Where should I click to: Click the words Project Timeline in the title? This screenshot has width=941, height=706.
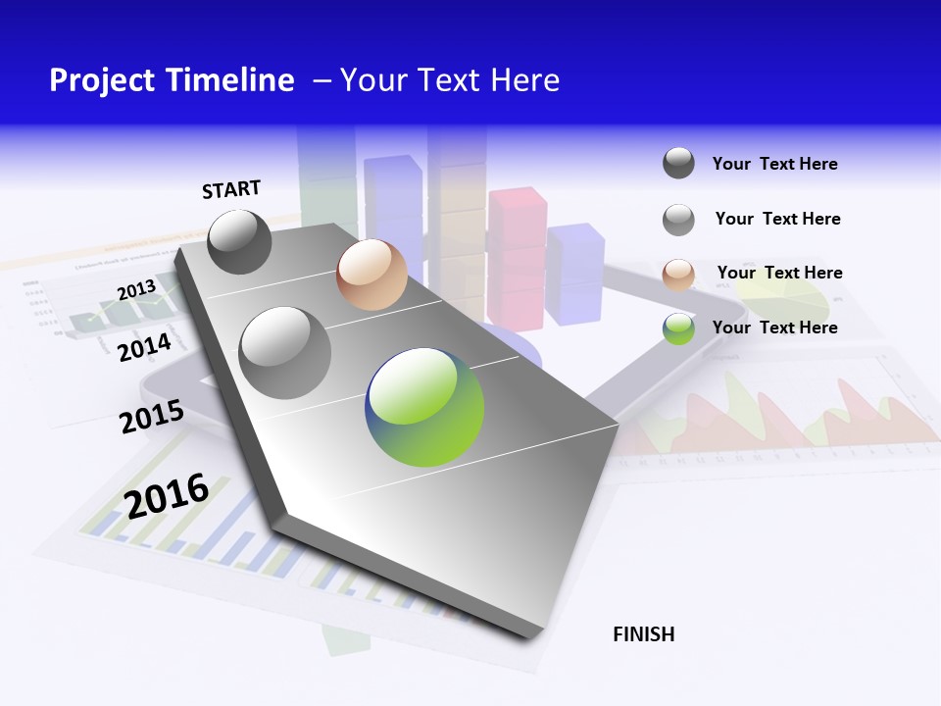(x=172, y=80)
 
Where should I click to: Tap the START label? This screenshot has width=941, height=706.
(x=231, y=189)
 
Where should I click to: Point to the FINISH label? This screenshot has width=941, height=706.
(x=644, y=634)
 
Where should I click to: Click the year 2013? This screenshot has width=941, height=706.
(x=136, y=290)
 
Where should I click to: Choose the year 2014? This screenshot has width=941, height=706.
(x=144, y=347)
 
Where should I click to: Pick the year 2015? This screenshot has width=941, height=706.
(x=151, y=417)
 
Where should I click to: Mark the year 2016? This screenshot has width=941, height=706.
(x=167, y=495)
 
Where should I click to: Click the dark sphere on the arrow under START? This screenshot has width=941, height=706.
(x=239, y=241)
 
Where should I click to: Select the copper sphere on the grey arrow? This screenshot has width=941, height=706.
(x=371, y=275)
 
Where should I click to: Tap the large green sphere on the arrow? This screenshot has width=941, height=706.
(x=424, y=407)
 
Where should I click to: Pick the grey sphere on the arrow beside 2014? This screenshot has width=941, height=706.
(x=285, y=352)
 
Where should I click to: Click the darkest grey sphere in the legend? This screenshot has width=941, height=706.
(x=678, y=163)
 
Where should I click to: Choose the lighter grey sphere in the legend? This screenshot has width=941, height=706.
(x=678, y=220)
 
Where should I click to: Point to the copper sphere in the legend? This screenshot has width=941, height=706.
(x=678, y=275)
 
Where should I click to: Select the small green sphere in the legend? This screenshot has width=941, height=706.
(x=678, y=328)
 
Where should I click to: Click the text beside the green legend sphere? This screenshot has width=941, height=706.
(x=774, y=328)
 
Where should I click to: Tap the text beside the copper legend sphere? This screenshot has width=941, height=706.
(x=779, y=273)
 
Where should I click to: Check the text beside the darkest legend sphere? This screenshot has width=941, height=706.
(x=774, y=164)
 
